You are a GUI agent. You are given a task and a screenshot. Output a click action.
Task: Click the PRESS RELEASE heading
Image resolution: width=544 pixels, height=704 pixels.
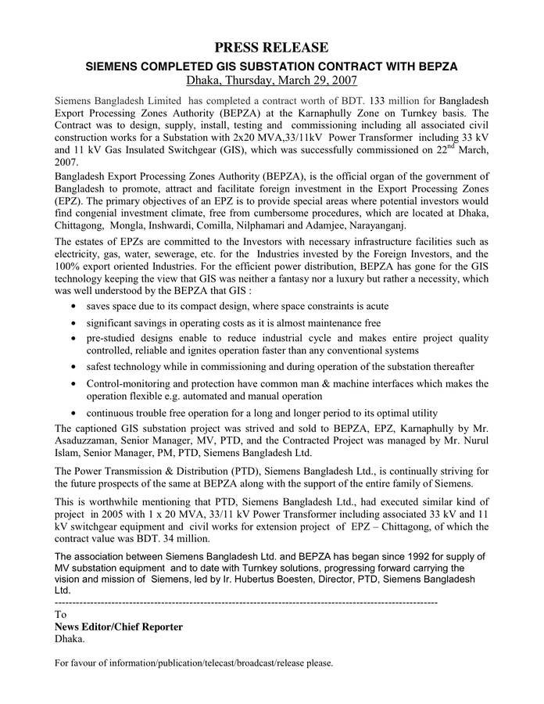[x=272, y=48]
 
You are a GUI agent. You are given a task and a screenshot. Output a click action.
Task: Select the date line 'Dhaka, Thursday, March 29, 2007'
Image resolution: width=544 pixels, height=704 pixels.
[x=272, y=80]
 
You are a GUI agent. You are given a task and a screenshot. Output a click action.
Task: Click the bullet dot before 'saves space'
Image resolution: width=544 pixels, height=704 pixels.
[x=73, y=307]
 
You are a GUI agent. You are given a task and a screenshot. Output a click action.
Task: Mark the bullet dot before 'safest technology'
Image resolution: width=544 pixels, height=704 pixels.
[x=73, y=368]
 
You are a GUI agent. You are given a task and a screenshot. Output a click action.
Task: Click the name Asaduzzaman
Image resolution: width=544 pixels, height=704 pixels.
[x=86, y=440]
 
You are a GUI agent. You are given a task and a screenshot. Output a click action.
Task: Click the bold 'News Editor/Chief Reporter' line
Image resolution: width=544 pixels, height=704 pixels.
[x=118, y=627]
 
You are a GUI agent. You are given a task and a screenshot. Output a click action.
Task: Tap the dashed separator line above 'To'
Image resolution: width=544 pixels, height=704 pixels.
[x=245, y=604]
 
